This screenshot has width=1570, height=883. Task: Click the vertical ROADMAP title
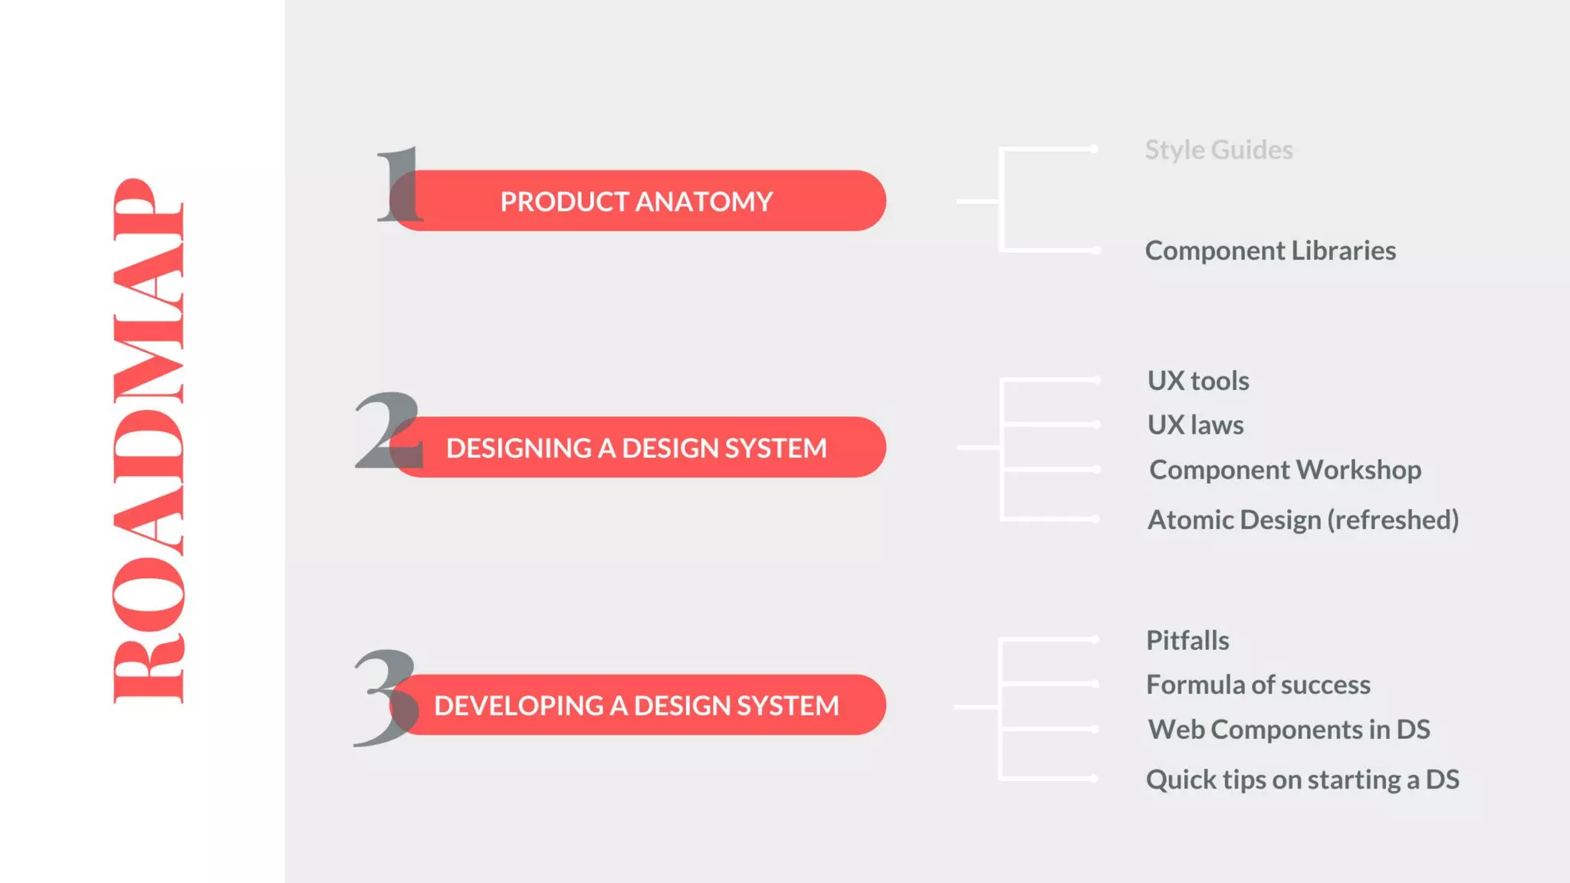(148, 441)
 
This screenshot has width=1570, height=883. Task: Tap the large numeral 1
(399, 185)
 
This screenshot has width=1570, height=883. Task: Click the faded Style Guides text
(1218, 149)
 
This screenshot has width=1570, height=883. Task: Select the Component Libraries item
(1269, 251)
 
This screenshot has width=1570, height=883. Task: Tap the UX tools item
(1197, 381)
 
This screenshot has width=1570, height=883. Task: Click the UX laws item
(1195, 425)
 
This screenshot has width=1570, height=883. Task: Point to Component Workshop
(1285, 470)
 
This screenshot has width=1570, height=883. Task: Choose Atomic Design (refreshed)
(1302, 520)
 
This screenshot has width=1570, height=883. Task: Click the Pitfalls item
(1187, 640)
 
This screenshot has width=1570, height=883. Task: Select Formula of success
(1257, 684)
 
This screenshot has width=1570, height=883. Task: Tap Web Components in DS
(1288, 730)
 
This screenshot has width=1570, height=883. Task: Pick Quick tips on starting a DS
(1302, 780)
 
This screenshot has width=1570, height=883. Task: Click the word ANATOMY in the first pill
(704, 202)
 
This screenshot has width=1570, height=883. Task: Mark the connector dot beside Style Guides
(1094, 149)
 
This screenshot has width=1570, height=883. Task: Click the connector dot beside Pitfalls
(1095, 639)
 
